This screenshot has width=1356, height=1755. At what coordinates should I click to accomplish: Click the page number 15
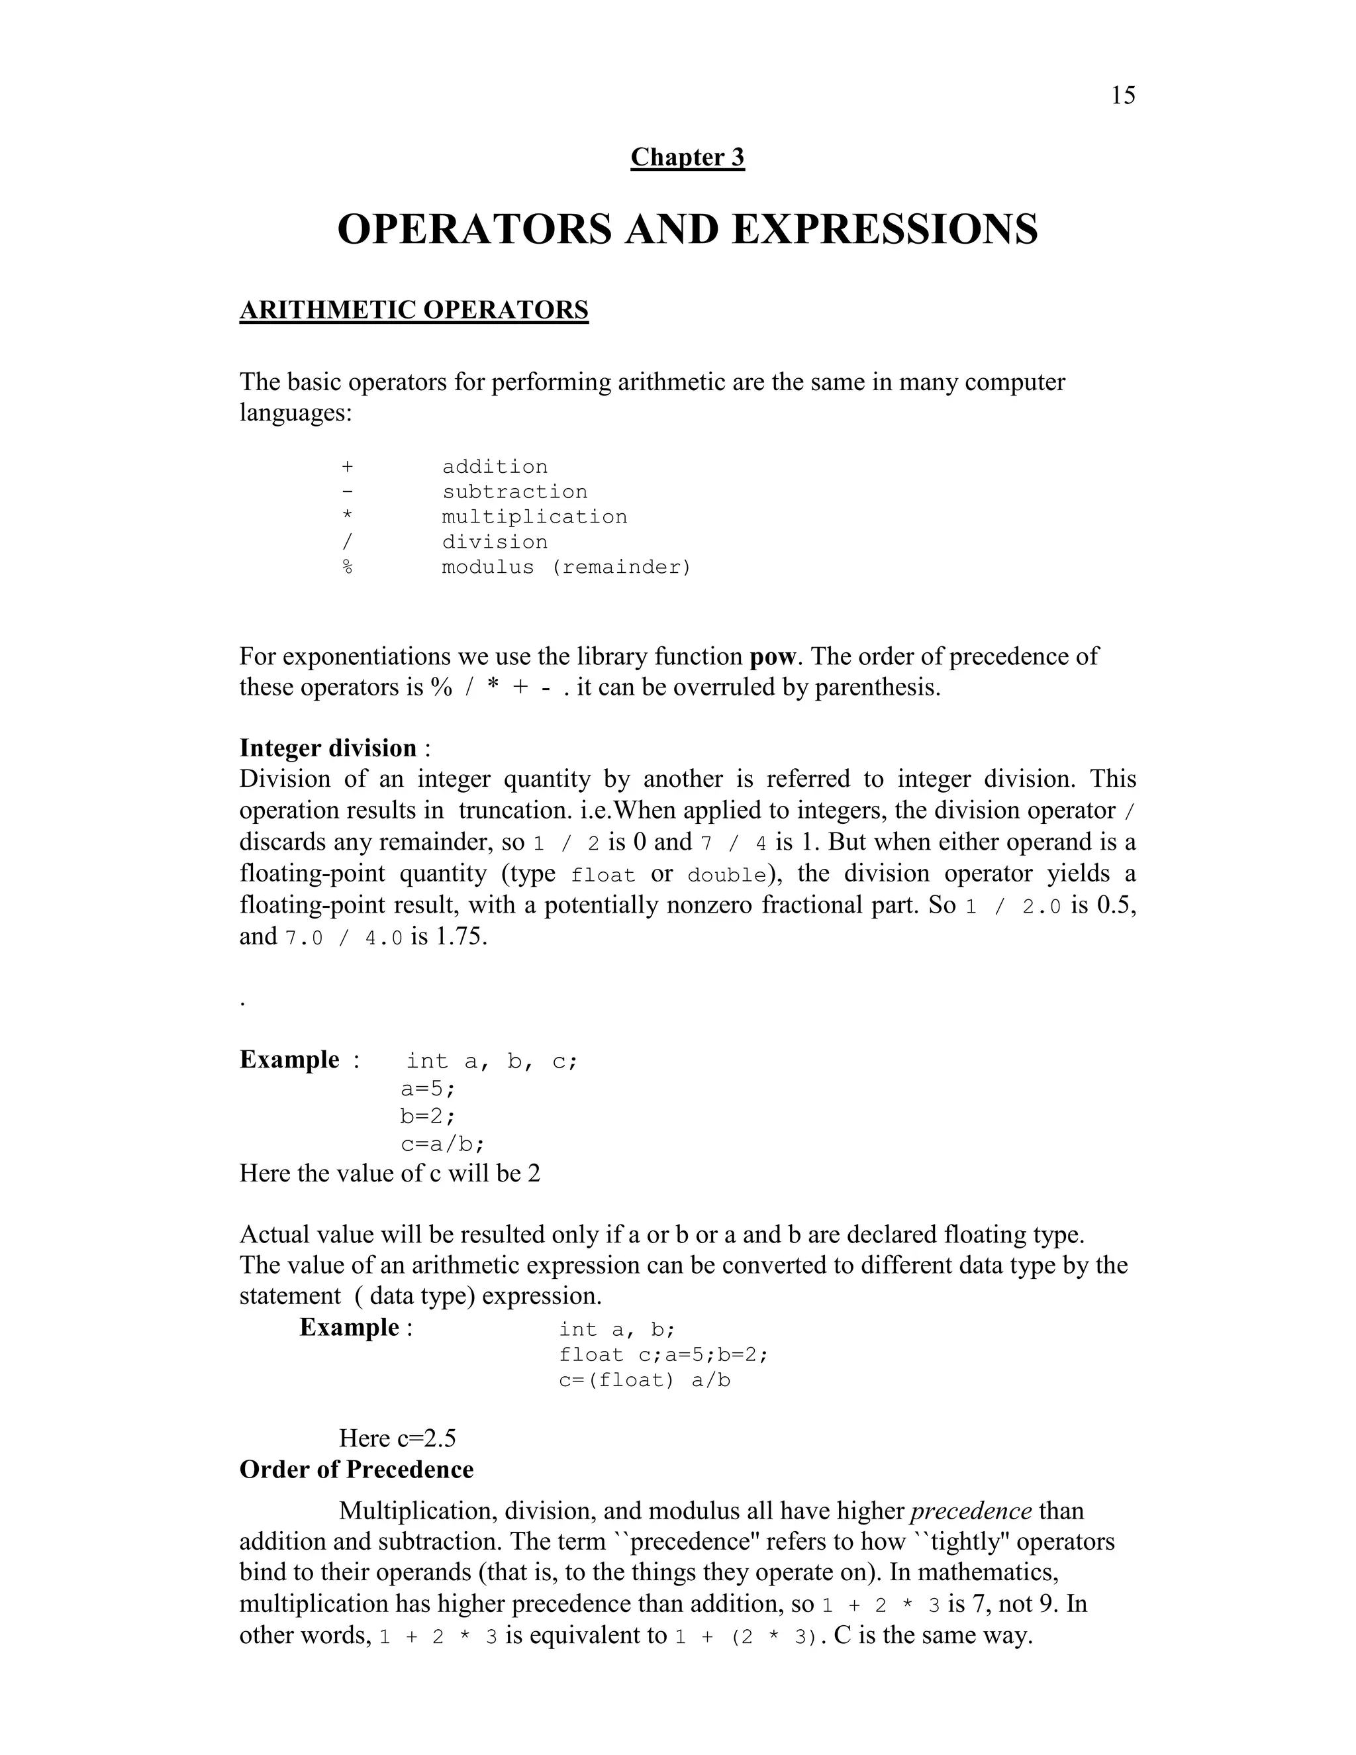click(x=1123, y=95)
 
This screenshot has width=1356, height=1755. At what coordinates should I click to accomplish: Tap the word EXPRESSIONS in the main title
click(x=885, y=229)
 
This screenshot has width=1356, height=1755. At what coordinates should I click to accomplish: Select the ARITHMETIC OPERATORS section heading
click(x=414, y=310)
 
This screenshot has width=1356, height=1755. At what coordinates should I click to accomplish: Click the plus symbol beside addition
click(x=347, y=467)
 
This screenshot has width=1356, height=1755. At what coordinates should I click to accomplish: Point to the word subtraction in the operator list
click(x=514, y=492)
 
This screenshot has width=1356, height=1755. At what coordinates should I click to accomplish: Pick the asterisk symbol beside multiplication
click(x=347, y=517)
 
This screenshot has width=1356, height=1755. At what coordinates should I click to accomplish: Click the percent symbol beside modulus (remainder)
click(x=347, y=568)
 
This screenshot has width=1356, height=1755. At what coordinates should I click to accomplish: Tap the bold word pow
click(x=772, y=656)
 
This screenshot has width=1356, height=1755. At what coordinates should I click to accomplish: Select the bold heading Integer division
click(x=328, y=748)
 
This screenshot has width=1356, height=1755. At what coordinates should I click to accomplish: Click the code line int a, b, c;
click(x=492, y=1062)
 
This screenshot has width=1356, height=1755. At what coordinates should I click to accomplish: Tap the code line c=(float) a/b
click(x=644, y=1381)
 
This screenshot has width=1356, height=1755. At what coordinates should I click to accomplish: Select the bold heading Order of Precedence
click(x=356, y=1470)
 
